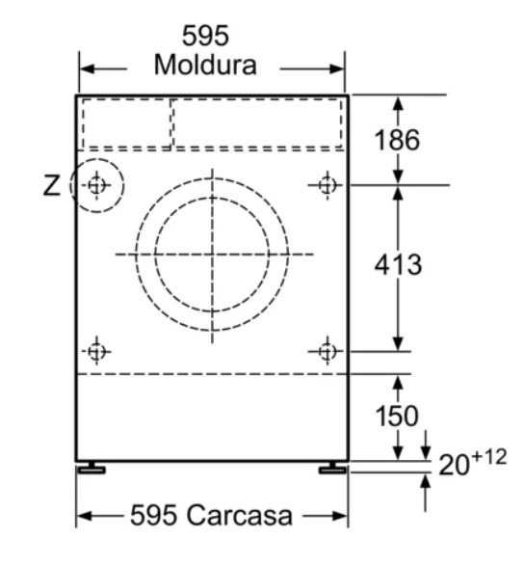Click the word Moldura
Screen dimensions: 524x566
[205, 66]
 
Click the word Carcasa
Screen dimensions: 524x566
[240, 515]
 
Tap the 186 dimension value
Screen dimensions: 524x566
[397, 140]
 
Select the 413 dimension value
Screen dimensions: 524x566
[398, 264]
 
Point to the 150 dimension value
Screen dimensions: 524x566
[397, 416]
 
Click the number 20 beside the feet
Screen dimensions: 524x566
[454, 465]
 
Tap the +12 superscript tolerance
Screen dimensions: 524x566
[489, 457]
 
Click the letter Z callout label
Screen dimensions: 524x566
[51, 185]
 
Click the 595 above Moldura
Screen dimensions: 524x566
[205, 36]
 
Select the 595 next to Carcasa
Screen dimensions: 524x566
[153, 515]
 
